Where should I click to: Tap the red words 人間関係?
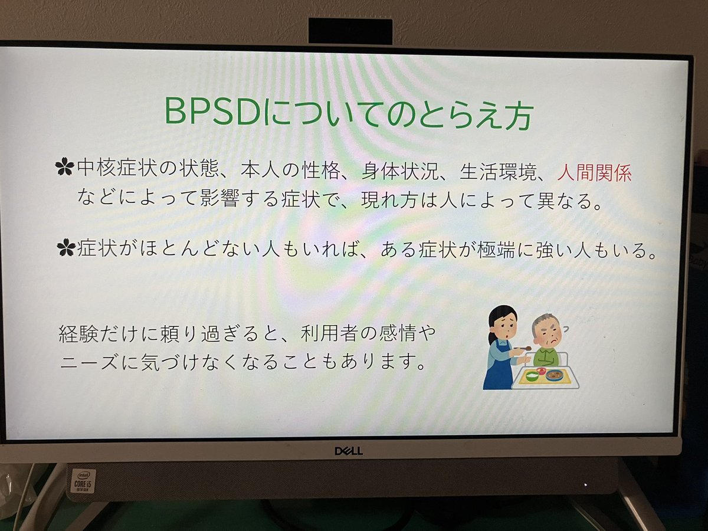coord(594,173)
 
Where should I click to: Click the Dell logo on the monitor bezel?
coord(349,451)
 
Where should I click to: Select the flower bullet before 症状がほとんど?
coord(66,248)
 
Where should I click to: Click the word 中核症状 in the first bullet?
coord(116,168)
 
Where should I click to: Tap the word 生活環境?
coord(499,172)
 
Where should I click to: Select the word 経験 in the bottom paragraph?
coord(78,334)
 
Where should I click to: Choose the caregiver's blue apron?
coord(499,367)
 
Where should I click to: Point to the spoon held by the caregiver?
coord(523,348)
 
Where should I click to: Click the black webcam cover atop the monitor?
coord(350,31)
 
